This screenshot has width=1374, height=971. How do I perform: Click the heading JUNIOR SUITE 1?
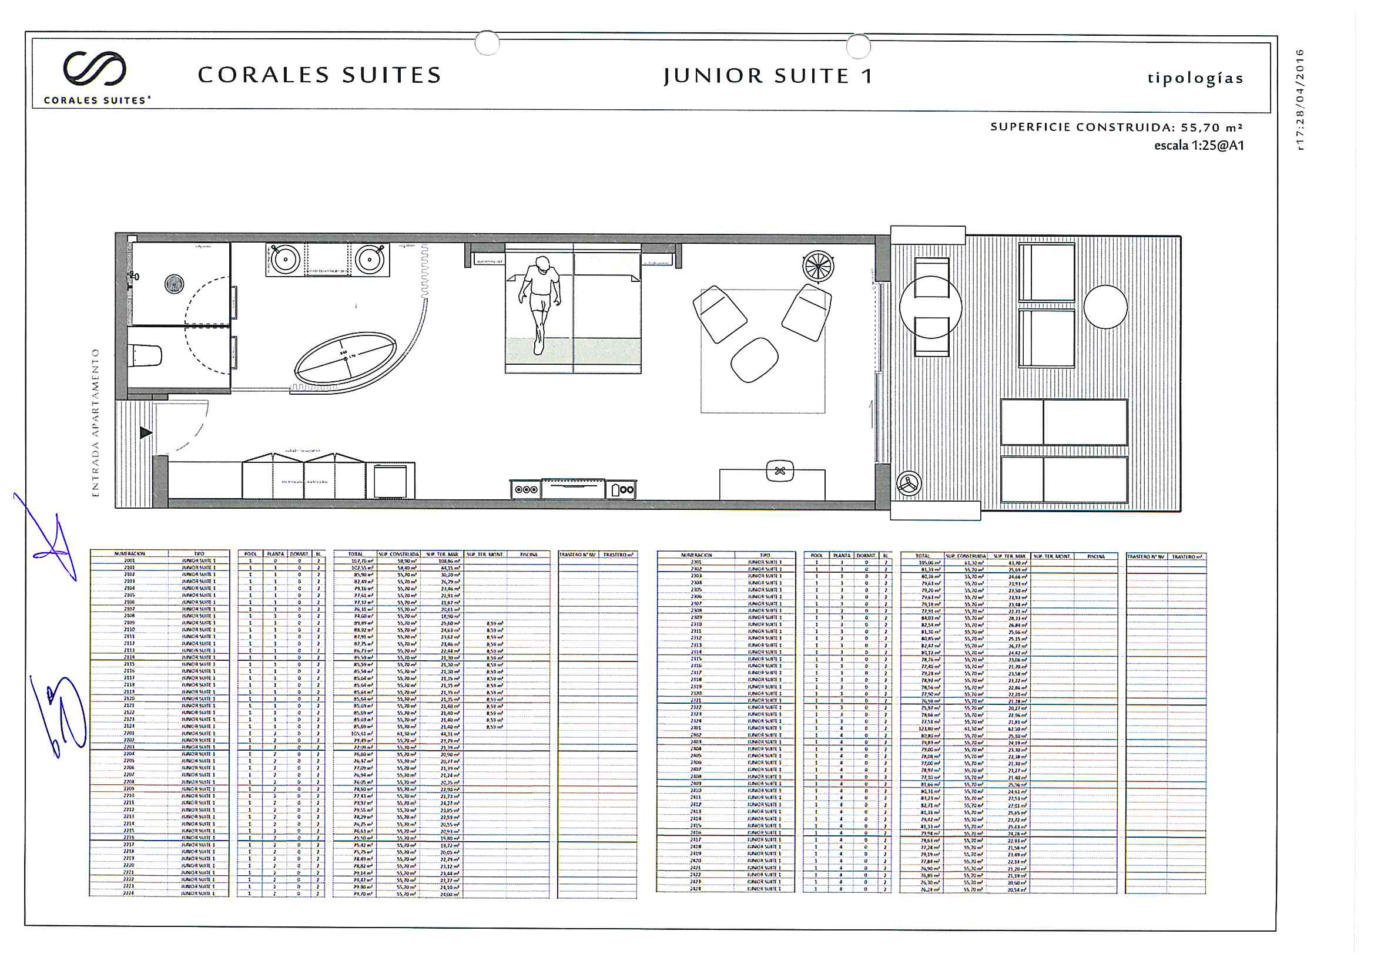coord(768,76)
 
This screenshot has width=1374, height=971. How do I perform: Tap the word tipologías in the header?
coord(1195,78)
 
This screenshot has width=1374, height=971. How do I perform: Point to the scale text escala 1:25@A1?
coord(1199,145)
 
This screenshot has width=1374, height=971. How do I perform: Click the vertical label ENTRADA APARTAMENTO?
coord(95,422)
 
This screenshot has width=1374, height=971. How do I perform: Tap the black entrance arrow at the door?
coord(145,432)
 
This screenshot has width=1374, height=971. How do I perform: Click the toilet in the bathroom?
coord(145,356)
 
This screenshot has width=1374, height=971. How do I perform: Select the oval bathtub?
coord(346,358)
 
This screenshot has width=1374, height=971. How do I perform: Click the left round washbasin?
coord(286,260)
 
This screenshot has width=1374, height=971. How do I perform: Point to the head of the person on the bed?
coord(542,264)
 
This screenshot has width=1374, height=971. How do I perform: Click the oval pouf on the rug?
coord(754,359)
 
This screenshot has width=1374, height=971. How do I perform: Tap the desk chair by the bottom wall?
coord(780,471)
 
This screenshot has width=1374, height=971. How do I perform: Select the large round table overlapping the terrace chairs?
coord(930,308)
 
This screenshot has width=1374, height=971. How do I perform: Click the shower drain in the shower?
coord(174,284)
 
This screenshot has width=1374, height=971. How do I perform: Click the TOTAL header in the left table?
coord(356,554)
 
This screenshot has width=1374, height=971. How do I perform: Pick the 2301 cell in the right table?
coord(696,562)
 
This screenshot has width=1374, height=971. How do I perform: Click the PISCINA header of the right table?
coord(1095,556)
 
